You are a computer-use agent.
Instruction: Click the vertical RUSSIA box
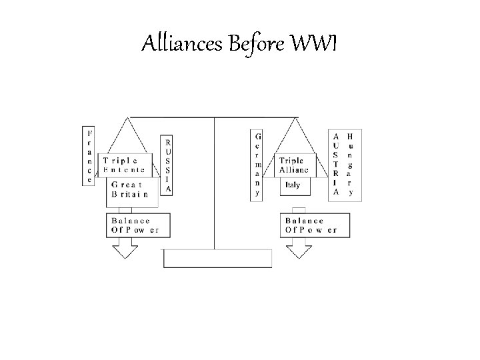(168, 165)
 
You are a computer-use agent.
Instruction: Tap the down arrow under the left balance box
(125, 249)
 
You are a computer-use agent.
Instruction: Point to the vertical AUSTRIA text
(336, 164)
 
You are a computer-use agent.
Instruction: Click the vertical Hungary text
(351, 164)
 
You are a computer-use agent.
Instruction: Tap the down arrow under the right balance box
(299, 249)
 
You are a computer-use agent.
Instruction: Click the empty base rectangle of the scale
(217, 258)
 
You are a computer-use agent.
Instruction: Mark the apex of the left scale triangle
(129, 119)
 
